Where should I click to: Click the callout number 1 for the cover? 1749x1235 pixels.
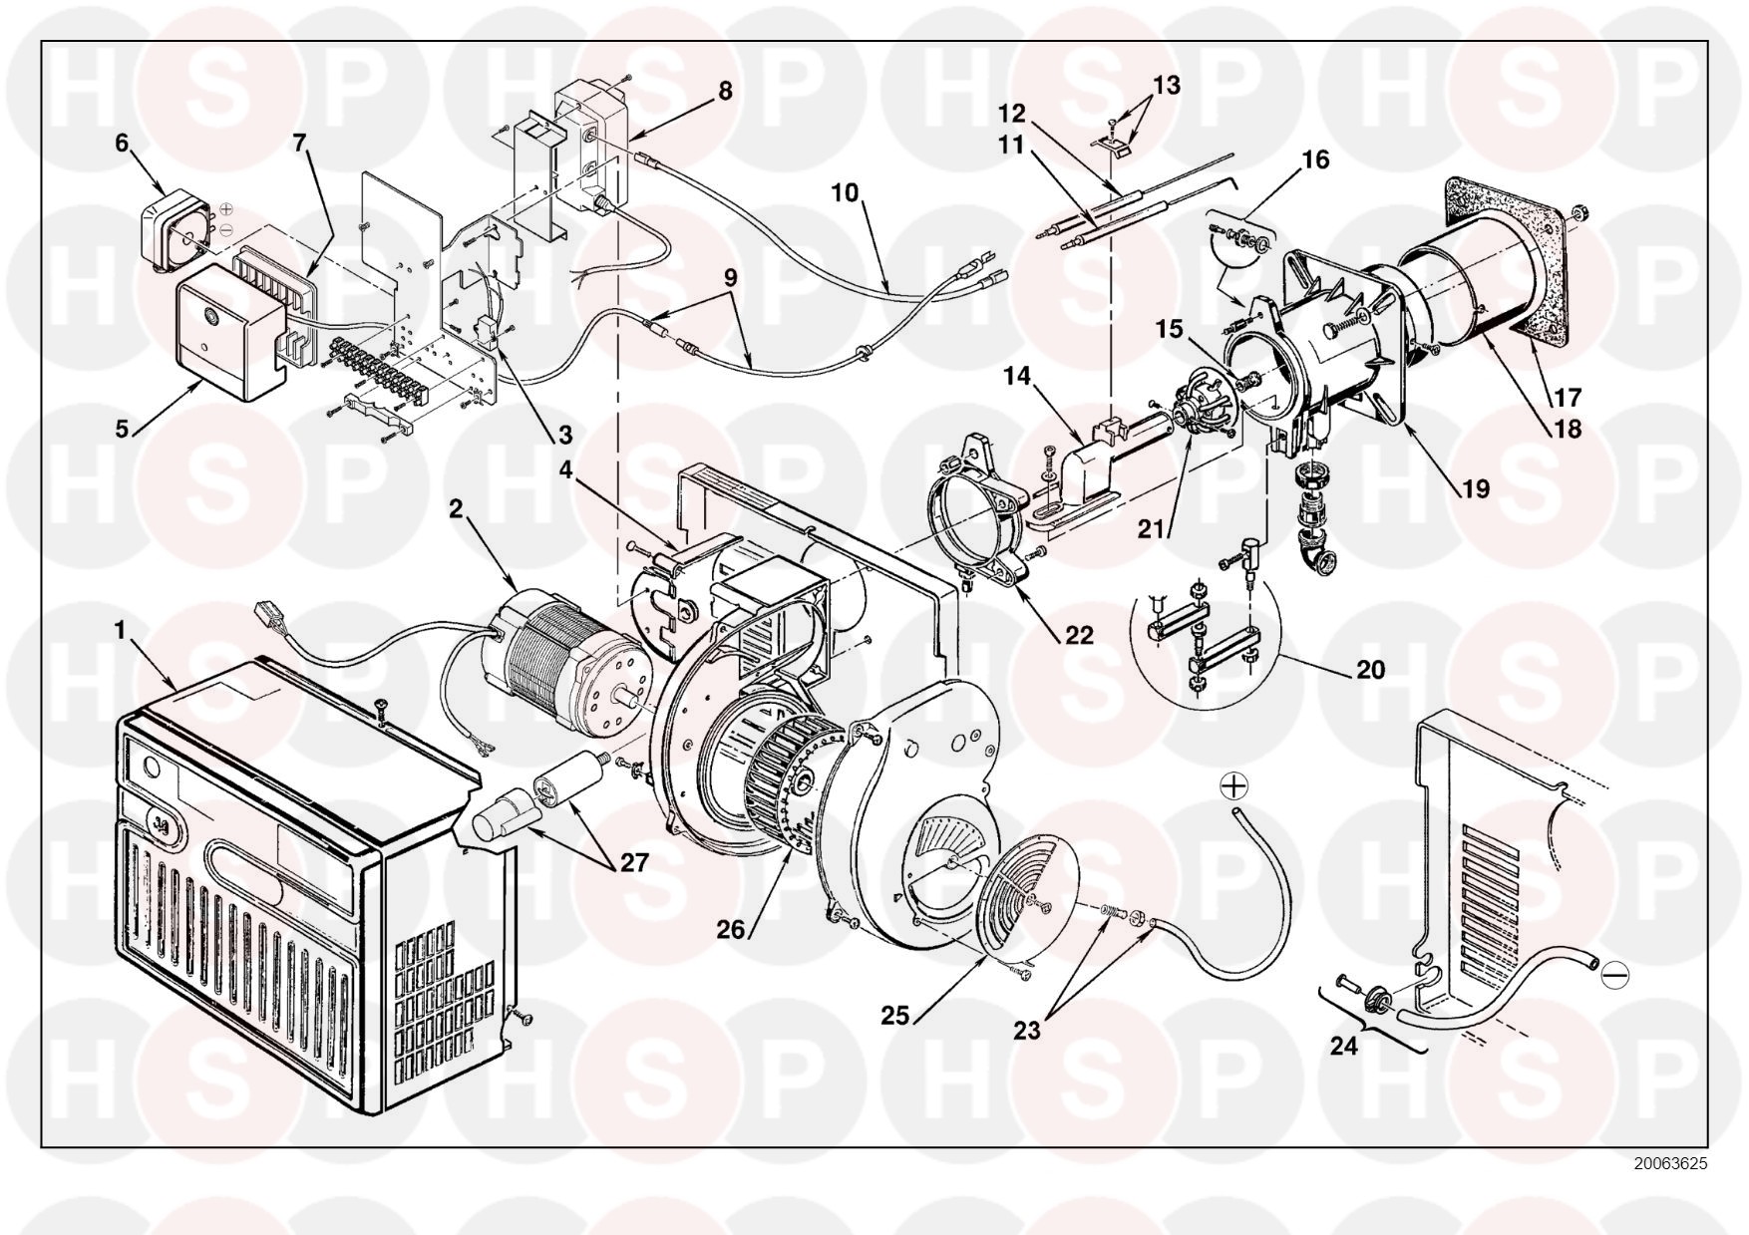click(x=121, y=631)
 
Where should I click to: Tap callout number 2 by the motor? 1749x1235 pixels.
click(x=456, y=509)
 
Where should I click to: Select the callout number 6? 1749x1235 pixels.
click(x=122, y=143)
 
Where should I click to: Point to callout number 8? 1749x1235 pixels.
click(x=725, y=91)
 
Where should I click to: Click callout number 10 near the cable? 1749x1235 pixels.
click(x=845, y=192)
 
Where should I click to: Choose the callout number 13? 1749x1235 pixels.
click(x=1166, y=86)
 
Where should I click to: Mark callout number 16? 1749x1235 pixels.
click(x=1316, y=159)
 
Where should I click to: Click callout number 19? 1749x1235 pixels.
click(x=1475, y=489)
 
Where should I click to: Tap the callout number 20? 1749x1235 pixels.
click(x=1371, y=669)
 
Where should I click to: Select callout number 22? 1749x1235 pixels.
click(x=1079, y=635)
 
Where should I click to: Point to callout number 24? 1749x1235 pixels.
click(x=1344, y=1046)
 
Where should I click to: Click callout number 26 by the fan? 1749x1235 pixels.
click(x=731, y=929)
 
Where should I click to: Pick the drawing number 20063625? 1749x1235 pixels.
click(x=1670, y=1163)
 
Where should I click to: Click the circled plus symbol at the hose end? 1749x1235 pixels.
click(x=1234, y=786)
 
